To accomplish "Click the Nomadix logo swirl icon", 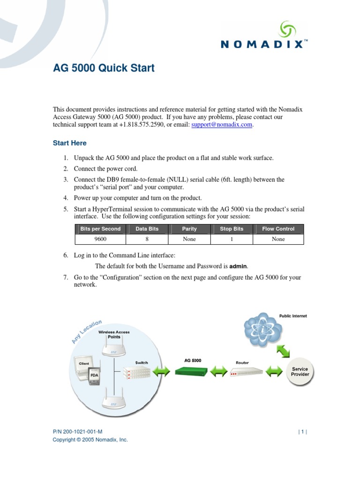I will pyautogui.click(x=288, y=29).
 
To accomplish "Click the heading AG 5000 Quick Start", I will pyautogui.click(x=104, y=68).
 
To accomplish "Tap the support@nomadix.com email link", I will pyautogui.click(x=222, y=125).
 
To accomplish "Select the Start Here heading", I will pyautogui.click(x=69, y=143).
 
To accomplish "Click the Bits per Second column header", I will pyautogui.click(x=100, y=229).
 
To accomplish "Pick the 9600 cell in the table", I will pyautogui.click(x=100, y=239).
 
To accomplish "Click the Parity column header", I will pyautogui.click(x=189, y=229).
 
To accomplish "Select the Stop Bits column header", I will pyautogui.click(x=232, y=229).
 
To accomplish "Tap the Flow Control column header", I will pyautogui.click(x=278, y=229).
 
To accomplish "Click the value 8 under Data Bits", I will pyautogui.click(x=147, y=239).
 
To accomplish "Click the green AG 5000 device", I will pyautogui.click(x=191, y=371).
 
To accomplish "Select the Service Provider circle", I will pyautogui.click(x=300, y=372).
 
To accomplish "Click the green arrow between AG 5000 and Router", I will pyautogui.click(x=218, y=372).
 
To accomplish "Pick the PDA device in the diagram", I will pyautogui.click(x=94, y=375).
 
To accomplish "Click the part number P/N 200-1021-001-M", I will pyautogui.click(x=77, y=432).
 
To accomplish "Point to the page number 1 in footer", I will pyautogui.click(x=303, y=432).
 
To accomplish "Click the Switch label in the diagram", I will pyautogui.click(x=142, y=362).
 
